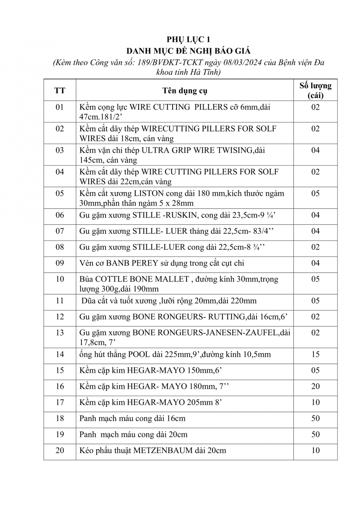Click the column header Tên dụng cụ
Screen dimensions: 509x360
185,90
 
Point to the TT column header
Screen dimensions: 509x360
60,90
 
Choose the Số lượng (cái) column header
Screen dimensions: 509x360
315,90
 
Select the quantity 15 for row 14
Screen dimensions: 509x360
315,354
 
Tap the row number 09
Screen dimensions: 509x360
60,263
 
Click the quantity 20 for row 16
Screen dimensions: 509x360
315,386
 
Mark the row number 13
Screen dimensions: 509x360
60,333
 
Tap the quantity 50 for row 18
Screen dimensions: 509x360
315,418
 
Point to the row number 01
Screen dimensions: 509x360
60,107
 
